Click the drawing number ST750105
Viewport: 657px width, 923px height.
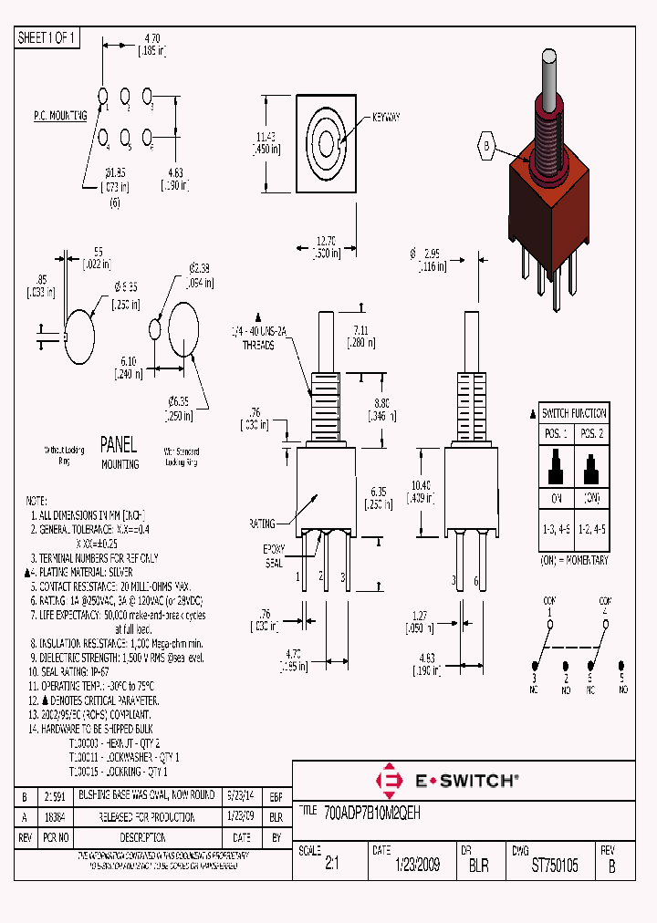pyautogui.click(x=555, y=866)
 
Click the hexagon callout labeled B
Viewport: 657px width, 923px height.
pyautogui.click(x=486, y=145)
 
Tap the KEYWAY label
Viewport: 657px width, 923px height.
pyautogui.click(x=386, y=118)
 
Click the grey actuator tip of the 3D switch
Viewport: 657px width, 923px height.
pyautogui.click(x=550, y=73)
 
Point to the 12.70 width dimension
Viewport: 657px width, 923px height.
pyautogui.click(x=326, y=242)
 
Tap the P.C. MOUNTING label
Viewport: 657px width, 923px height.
pyautogui.click(x=60, y=116)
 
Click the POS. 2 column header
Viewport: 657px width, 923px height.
pyautogui.click(x=592, y=433)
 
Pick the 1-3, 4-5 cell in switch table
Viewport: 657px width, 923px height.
pyautogui.click(x=556, y=530)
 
